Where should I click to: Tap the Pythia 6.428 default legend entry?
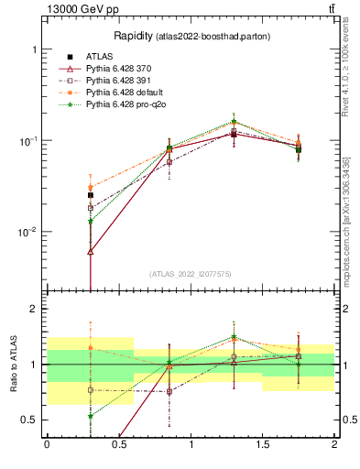(x=118, y=93)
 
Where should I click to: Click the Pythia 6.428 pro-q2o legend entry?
(x=120, y=105)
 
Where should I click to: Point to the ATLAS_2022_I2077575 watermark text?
(x=190, y=273)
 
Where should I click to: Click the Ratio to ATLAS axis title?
(x=16, y=365)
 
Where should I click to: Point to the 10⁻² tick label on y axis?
(x=27, y=232)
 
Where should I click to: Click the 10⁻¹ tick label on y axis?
(x=27, y=140)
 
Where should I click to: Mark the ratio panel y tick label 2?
(x=33, y=310)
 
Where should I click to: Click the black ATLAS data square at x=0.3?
(x=90, y=195)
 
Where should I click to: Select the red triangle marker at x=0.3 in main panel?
(x=90, y=251)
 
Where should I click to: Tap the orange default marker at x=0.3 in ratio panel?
(x=90, y=348)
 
